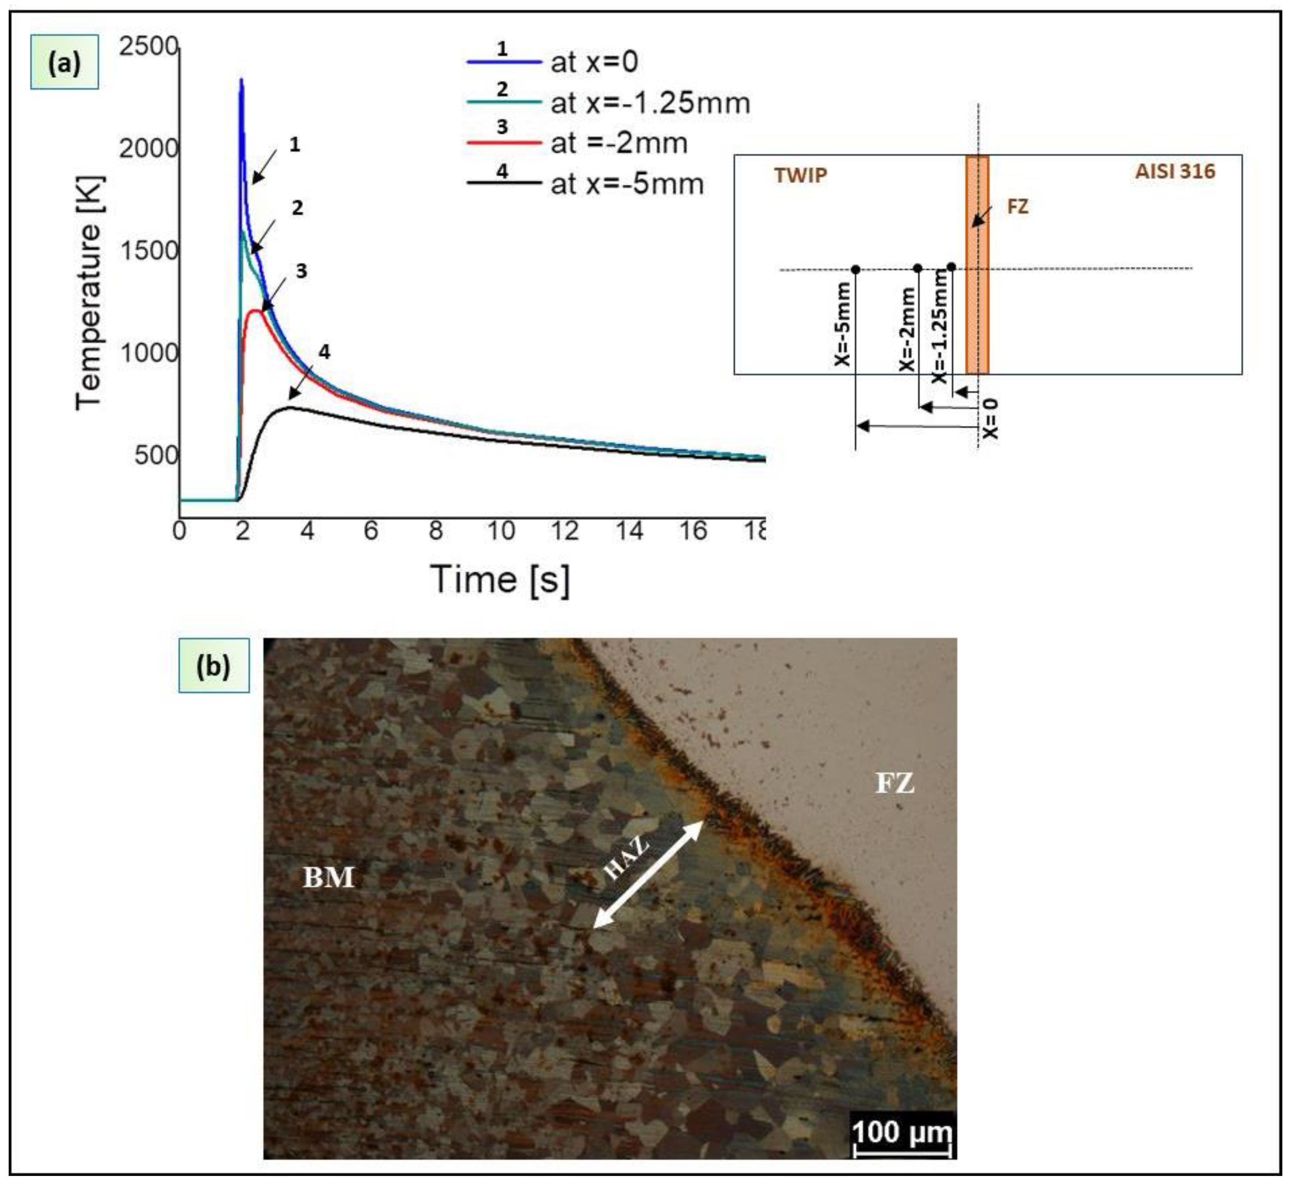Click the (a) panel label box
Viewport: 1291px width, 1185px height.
(x=64, y=62)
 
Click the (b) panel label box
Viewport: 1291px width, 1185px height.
(x=214, y=666)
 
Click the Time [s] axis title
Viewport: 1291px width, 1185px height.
(x=499, y=579)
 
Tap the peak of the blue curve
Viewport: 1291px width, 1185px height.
(x=242, y=80)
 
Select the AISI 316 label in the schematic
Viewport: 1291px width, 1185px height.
(x=1175, y=171)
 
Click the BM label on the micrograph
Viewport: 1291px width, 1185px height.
(x=328, y=877)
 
